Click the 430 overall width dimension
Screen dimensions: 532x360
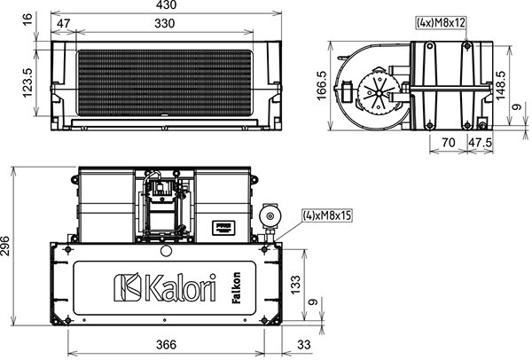point(167,4)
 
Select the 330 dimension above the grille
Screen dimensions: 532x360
point(165,23)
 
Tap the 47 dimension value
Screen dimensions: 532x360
point(64,23)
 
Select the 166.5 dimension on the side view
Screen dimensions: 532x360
point(321,85)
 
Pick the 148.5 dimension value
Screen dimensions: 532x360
point(500,85)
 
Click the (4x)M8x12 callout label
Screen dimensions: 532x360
point(441,22)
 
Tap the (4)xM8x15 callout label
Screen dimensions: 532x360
point(327,215)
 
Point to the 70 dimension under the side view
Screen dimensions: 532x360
point(449,143)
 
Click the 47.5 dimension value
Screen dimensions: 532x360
point(480,143)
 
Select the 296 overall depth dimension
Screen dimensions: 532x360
point(5,246)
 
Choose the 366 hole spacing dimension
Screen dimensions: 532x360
point(167,345)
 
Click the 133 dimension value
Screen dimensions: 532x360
point(295,285)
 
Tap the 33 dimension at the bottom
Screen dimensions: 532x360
point(303,345)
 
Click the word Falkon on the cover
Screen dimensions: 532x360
point(236,287)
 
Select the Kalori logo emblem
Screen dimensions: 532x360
point(128,287)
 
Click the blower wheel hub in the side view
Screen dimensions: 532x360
point(378,92)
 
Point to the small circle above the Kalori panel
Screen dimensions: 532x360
point(166,251)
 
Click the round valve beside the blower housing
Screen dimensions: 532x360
point(270,215)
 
